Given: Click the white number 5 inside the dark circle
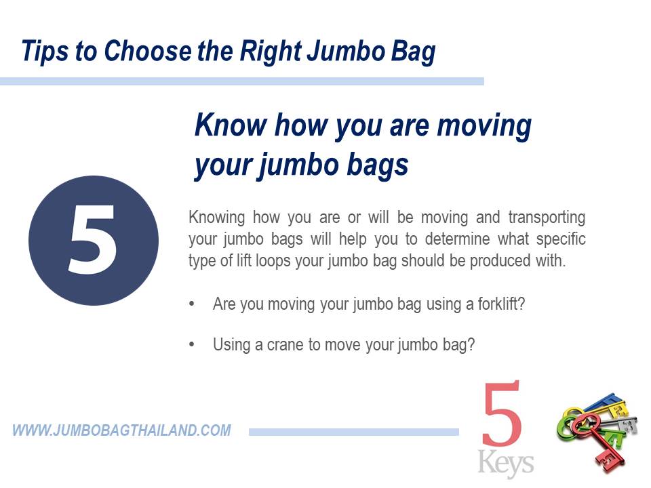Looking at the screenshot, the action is click(92, 239).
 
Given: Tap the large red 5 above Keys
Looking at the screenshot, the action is click(501, 413).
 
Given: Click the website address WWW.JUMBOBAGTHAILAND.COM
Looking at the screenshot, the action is click(121, 430).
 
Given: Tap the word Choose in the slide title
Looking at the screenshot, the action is click(148, 51).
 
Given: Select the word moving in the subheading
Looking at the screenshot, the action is click(484, 126).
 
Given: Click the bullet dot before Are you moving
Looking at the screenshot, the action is click(191, 304).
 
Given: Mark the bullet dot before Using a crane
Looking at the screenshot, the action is click(191, 344).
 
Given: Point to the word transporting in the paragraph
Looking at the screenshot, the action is click(547, 218).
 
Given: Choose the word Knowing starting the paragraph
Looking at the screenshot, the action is click(217, 218).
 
